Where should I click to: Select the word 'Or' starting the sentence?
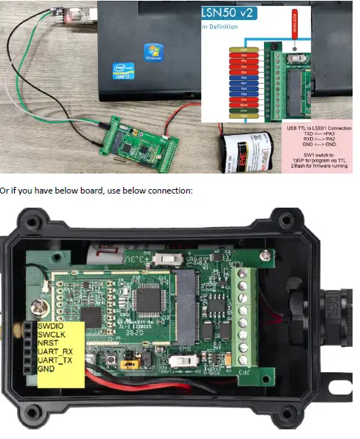click(x=6, y=191)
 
